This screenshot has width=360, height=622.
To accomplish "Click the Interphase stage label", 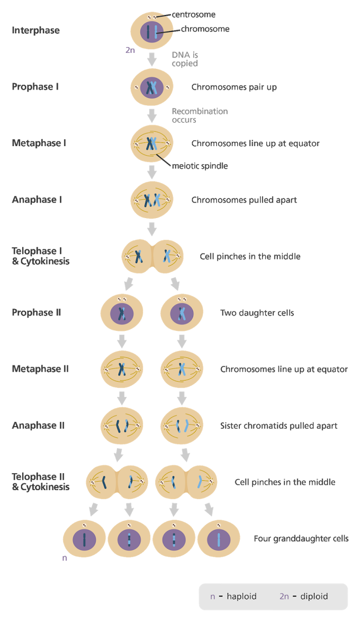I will point(35,30).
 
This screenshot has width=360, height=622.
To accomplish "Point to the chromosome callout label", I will point(205,29).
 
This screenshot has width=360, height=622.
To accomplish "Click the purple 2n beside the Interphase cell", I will point(130,50).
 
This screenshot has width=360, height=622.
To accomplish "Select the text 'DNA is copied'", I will point(185,59).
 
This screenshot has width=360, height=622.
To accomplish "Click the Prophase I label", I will point(35,87).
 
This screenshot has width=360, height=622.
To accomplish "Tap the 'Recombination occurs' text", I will point(200,115).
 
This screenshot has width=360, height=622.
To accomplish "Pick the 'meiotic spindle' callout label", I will point(200,166).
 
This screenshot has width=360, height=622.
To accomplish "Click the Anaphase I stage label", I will point(37,200).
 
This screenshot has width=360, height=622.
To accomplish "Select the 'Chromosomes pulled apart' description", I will point(244,200).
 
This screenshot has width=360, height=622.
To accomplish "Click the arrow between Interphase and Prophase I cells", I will point(152,59).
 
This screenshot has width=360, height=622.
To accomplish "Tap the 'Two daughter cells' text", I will point(257,313).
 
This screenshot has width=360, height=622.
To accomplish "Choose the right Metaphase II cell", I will point(182,369).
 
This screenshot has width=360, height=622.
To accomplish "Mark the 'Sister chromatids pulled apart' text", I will point(279,426).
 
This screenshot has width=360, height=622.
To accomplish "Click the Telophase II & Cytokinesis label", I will point(40,482).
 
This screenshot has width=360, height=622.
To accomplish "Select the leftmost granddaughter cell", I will point(84,539).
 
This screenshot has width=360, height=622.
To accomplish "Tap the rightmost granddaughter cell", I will point(218,539).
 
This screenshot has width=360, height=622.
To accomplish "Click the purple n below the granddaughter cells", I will point(65,558).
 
